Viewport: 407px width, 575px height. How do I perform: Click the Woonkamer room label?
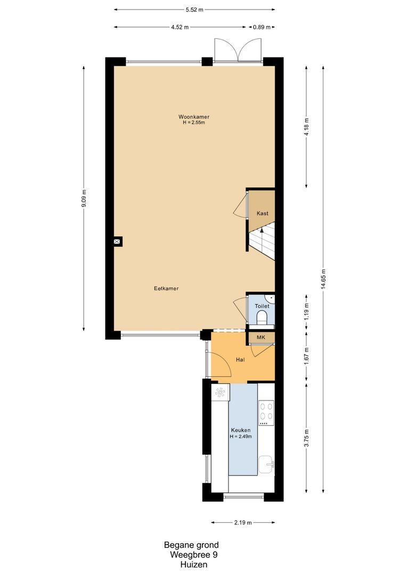click(x=193, y=116)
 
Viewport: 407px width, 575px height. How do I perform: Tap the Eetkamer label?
click(x=166, y=289)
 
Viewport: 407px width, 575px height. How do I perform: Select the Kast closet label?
click(x=262, y=213)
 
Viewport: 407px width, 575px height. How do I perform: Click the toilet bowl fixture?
click(x=262, y=318)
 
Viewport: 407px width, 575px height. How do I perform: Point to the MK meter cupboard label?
click(x=261, y=338)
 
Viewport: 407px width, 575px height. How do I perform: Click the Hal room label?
click(x=240, y=360)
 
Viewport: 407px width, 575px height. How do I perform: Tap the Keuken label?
click(x=240, y=430)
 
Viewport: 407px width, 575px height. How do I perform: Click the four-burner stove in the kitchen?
click(x=266, y=412)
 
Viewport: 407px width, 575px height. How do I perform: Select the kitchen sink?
click(x=266, y=464)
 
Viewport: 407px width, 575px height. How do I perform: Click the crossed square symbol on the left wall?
click(x=117, y=241)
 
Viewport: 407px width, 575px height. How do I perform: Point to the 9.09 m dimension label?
click(x=84, y=200)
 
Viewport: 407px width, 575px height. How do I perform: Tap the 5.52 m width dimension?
click(x=194, y=10)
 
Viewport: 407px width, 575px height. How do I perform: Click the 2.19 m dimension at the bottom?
click(x=242, y=522)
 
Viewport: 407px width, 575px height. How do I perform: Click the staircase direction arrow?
click(x=262, y=232)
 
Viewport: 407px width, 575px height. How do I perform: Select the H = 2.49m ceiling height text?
click(x=240, y=437)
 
